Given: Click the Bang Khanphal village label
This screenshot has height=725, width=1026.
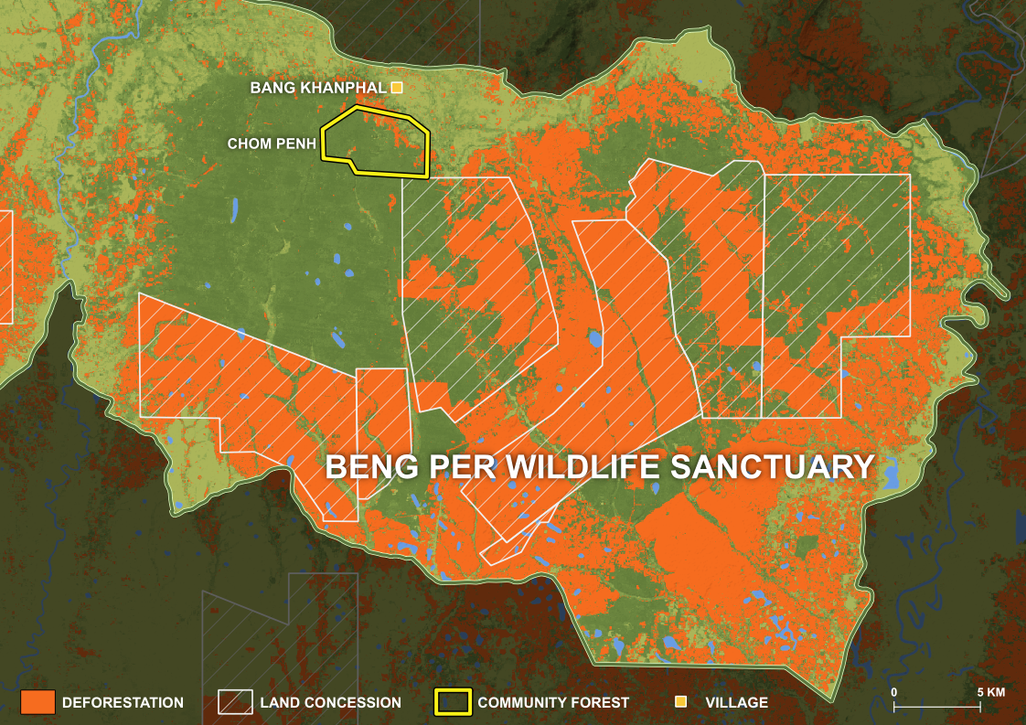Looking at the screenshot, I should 317,89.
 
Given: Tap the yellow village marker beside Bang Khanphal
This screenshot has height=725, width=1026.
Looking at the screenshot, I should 397,88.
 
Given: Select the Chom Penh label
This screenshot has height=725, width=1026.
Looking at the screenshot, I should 272,144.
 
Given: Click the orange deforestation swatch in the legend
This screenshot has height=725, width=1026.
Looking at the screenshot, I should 37,702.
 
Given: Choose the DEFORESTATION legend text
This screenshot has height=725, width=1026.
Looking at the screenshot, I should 123,703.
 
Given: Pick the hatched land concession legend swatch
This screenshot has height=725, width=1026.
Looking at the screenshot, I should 235,702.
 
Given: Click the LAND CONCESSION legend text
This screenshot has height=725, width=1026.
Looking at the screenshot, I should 330,703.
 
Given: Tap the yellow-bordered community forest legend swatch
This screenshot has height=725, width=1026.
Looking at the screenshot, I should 452,702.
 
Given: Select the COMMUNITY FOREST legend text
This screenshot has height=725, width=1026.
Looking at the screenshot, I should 553,703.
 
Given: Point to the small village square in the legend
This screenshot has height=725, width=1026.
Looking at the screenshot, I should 680,702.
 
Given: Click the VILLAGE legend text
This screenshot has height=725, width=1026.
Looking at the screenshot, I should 736,703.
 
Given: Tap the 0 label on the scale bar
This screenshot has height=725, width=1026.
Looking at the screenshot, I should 893,692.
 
